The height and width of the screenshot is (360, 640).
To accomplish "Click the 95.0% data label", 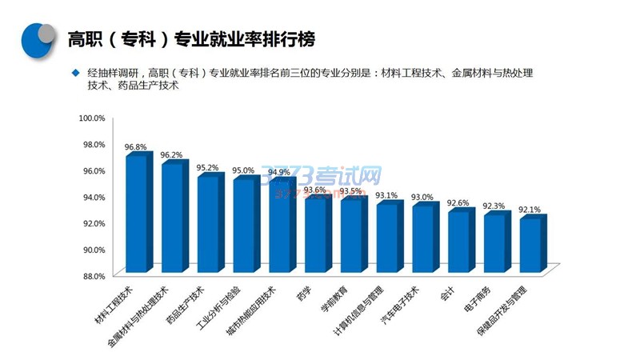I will (243, 171).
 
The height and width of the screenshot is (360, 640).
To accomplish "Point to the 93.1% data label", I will (386, 195).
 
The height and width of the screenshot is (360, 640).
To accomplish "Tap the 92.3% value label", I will (494, 206).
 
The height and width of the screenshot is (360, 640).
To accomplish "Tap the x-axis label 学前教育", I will (334, 308).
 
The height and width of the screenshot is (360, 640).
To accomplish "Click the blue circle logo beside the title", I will (38, 37).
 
